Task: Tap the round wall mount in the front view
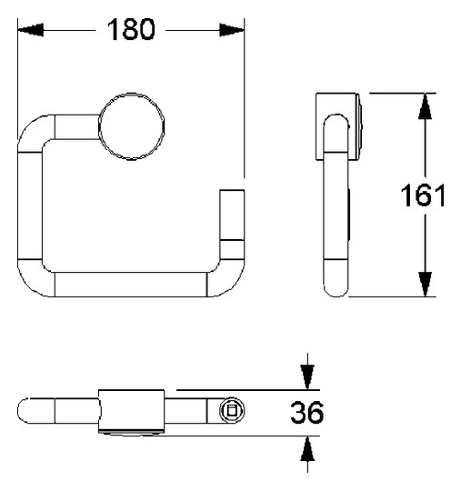(x=133, y=126)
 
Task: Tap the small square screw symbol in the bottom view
(x=231, y=411)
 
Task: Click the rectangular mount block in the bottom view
(x=132, y=411)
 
